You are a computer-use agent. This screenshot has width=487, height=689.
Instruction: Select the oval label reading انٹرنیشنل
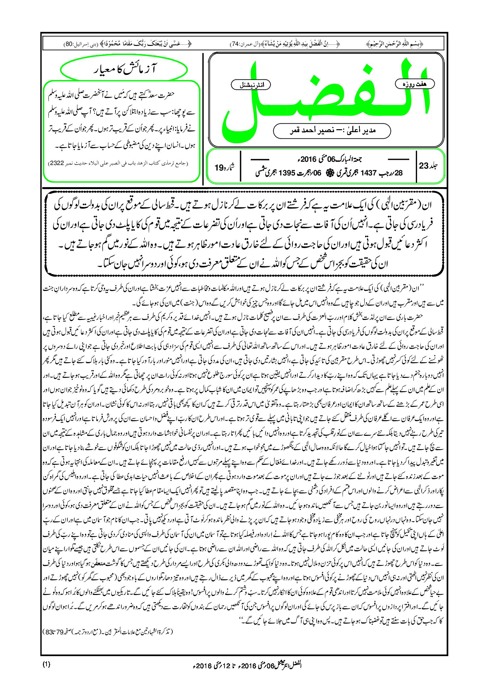(x=250, y=85)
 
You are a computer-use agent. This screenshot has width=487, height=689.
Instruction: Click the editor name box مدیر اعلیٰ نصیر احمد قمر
(x=332, y=131)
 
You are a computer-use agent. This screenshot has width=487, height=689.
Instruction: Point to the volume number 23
(x=424, y=166)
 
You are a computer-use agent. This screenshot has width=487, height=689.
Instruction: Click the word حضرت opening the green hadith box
(x=168, y=94)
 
